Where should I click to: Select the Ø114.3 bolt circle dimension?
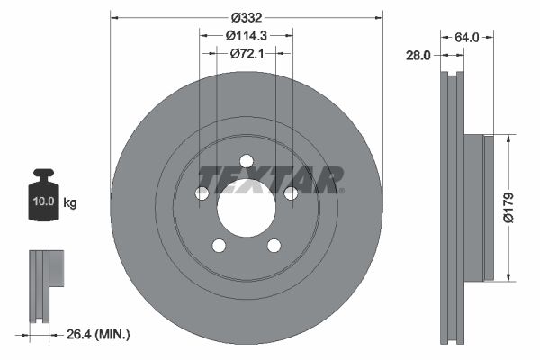coord(246,35)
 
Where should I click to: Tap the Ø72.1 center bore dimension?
coord(246,54)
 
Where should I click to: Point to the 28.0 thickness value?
coord(416,55)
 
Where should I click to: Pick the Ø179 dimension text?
coord(508,206)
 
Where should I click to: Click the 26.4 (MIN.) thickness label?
coord(100,335)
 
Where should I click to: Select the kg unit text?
coord(70,202)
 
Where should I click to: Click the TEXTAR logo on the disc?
coord(269,179)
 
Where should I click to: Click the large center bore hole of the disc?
coord(246,208)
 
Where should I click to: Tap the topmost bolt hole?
coord(246,161)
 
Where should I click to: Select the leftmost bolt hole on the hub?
coord(202,193)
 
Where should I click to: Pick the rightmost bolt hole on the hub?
coord(291,193)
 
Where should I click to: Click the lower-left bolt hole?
coord(219,246)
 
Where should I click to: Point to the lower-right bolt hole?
coord(274,246)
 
